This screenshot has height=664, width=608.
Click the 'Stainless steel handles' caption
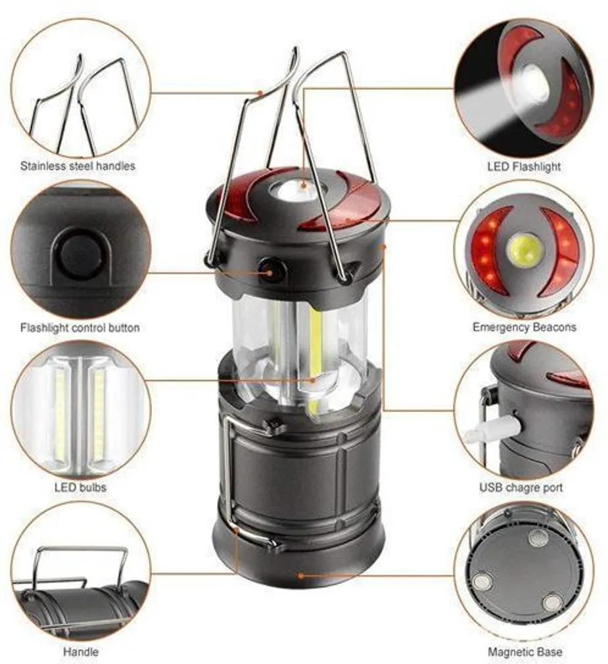[x=78, y=166]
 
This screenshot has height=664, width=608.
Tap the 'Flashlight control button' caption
[x=80, y=327]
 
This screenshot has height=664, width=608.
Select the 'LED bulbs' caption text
[x=80, y=488]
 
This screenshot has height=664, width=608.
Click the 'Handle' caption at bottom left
[x=81, y=652]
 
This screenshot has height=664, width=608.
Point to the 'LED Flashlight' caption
[x=524, y=167]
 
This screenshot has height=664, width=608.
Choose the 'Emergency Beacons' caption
[x=524, y=327]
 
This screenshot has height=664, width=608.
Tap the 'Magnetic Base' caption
[x=525, y=652]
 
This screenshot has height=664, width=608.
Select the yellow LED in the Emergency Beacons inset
[x=525, y=250]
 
